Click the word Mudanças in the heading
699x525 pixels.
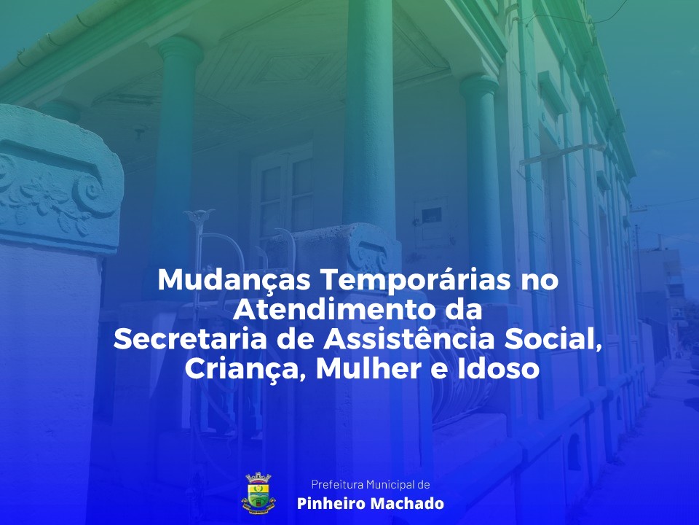[x=234, y=281]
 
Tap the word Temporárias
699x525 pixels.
[x=416, y=281]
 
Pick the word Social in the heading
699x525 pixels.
[x=553, y=340]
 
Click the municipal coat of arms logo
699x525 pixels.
[x=258, y=494]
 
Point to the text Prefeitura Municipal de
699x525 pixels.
[x=371, y=484]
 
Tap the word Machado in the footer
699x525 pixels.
[x=407, y=504]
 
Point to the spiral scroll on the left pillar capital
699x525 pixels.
[x=93, y=191]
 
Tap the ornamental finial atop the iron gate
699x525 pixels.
[x=199, y=217]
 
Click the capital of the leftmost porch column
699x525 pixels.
[x=180, y=49]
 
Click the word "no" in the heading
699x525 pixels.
[x=540, y=281]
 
